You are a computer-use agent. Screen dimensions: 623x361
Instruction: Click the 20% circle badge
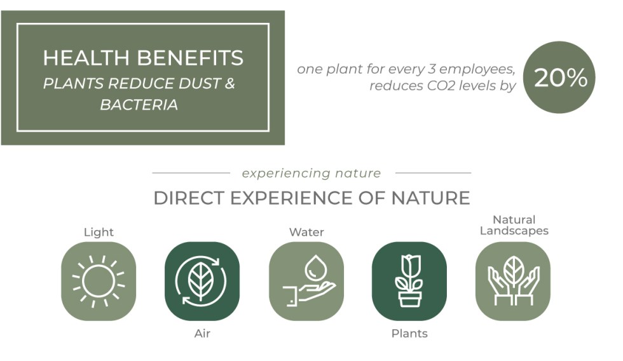pos(559,77)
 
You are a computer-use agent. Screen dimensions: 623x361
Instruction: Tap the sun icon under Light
pos(99,281)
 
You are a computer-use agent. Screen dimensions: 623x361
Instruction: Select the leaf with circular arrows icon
pos(202,281)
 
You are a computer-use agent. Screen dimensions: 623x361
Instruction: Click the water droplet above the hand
pos(316,268)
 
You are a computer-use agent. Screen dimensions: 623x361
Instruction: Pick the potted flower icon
pos(409,281)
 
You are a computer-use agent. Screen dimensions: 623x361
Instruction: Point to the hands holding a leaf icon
pos(514,281)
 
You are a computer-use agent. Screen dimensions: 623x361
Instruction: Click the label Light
pos(99,233)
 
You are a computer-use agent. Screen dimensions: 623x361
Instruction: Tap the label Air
pos(202,333)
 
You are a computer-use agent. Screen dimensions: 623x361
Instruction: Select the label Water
pos(306,232)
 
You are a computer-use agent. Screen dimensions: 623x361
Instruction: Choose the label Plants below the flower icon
pos(409,333)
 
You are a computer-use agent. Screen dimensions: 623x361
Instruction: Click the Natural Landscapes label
pos(514,225)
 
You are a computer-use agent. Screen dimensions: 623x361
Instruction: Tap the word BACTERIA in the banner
pos(139,105)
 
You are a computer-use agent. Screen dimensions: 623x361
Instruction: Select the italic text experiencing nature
pos(311,173)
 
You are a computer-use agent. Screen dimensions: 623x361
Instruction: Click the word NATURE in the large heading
pos(430,198)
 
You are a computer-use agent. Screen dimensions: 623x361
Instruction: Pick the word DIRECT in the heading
pos(189,198)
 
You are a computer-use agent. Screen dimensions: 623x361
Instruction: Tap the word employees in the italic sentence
pos(477,69)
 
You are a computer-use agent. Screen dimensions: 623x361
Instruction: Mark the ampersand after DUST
pos(230,83)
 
